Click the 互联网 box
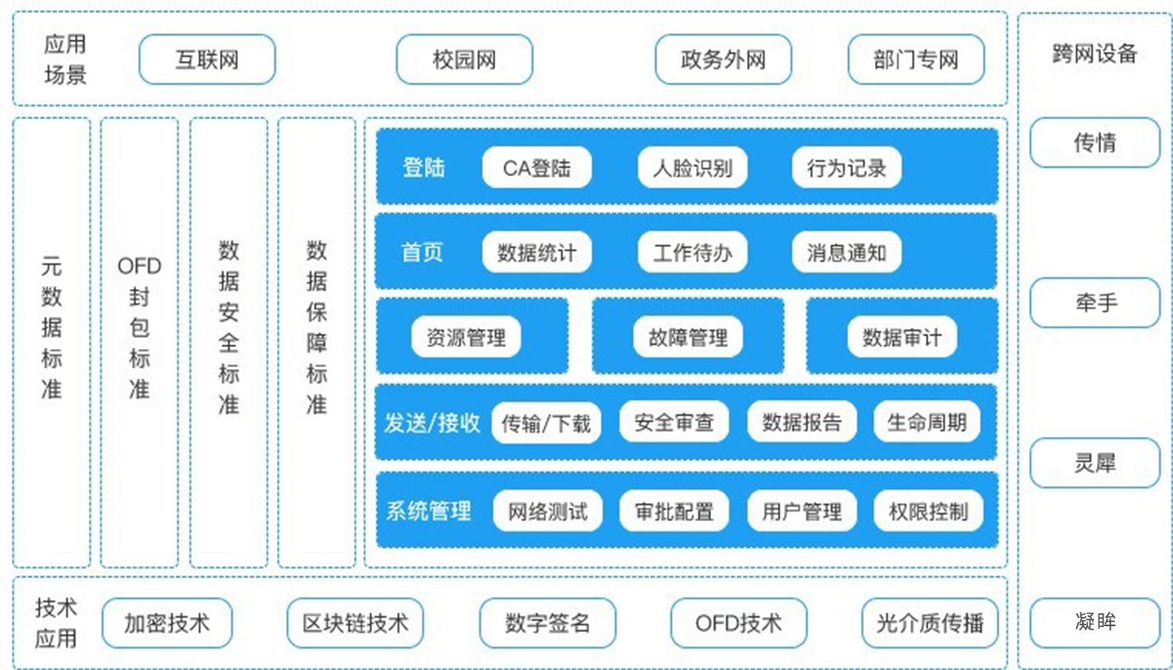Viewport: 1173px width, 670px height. [x=207, y=59]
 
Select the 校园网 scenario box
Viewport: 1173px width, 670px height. [x=464, y=59]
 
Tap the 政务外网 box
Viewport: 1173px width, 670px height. [x=723, y=59]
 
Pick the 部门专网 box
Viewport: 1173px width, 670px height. [x=916, y=59]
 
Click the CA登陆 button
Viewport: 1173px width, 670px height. [x=536, y=168]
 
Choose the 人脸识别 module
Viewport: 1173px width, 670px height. [x=692, y=168]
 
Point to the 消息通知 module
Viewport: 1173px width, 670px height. [x=846, y=252]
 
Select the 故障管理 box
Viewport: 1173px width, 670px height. [x=688, y=337]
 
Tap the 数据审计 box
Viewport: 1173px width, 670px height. [x=902, y=337]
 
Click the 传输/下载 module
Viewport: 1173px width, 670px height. [x=546, y=423]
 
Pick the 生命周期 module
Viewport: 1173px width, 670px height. [x=927, y=423]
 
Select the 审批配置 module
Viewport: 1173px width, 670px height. [x=674, y=511]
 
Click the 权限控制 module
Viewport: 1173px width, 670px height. [x=927, y=511]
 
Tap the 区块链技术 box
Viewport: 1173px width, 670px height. [x=355, y=622]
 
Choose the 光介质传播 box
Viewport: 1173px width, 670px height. [x=930, y=622]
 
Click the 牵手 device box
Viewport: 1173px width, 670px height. [x=1095, y=303]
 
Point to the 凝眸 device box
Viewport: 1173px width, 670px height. [x=1095, y=622]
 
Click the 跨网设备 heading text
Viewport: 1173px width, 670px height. [x=1095, y=55]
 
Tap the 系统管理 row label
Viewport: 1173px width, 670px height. [x=428, y=511]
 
